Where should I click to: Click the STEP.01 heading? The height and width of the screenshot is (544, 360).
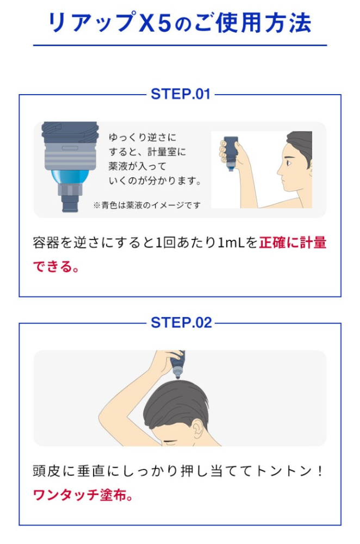coord(181,94)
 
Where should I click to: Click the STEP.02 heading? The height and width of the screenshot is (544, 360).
coord(181,323)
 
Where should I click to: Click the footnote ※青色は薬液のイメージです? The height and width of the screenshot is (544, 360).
coord(147,206)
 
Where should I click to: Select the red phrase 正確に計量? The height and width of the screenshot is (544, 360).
coord(293,243)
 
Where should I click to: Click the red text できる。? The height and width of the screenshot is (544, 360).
coord(56,267)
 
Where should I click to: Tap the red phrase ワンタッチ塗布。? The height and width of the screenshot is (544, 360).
coord(83,495)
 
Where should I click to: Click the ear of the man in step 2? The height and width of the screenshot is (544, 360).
coord(198,430)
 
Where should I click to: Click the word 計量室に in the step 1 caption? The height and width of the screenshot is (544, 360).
coord(167,152)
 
